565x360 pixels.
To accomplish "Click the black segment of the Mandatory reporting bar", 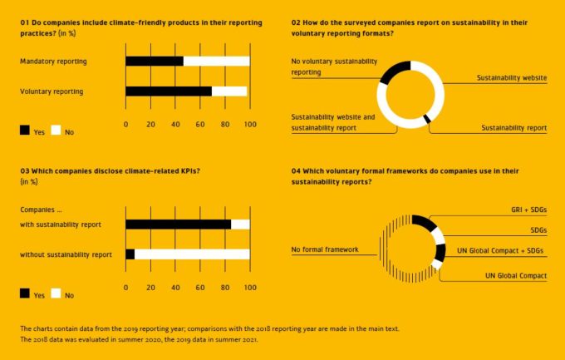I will [154, 62].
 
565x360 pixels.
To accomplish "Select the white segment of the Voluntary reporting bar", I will [229, 91].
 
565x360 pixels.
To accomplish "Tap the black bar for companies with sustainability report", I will [178, 224].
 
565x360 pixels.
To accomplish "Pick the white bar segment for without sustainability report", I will [191, 254].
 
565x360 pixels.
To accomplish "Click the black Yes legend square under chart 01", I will [25, 131].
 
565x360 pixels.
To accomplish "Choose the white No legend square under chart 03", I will [56, 293].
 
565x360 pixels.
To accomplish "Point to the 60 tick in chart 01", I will [200, 126].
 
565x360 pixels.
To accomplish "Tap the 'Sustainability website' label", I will [512, 77].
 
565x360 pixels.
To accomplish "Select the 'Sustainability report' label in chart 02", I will [514, 128].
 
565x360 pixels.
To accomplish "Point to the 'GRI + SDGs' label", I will [527, 210].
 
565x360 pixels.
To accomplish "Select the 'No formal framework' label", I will [324, 249].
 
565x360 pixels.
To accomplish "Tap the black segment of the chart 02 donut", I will [397, 71].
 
